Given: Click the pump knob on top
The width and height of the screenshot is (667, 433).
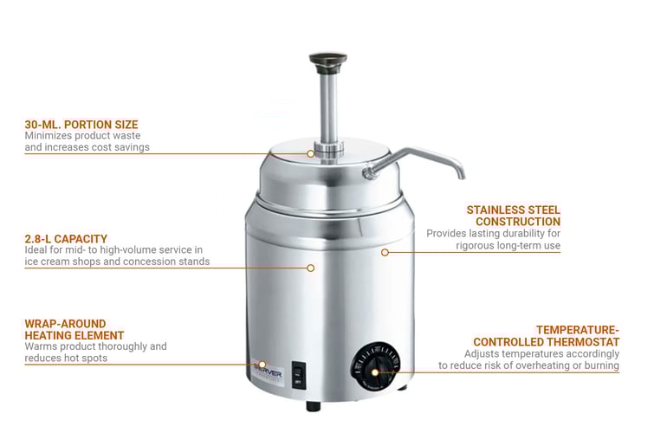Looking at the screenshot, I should (x=328, y=60).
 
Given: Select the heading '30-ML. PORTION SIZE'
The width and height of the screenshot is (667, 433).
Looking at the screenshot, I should (x=81, y=125).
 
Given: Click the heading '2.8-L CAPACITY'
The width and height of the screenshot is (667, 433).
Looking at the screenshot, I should (x=66, y=238).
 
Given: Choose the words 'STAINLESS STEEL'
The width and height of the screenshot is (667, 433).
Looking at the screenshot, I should (x=514, y=210).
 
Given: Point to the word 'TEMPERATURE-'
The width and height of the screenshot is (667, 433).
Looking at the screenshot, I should (x=578, y=330).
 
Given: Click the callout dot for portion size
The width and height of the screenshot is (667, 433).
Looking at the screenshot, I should (x=312, y=153).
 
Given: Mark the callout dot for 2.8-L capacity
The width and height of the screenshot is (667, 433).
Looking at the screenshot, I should (x=312, y=268).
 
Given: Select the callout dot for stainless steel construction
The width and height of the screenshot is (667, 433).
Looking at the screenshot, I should (x=385, y=252).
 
